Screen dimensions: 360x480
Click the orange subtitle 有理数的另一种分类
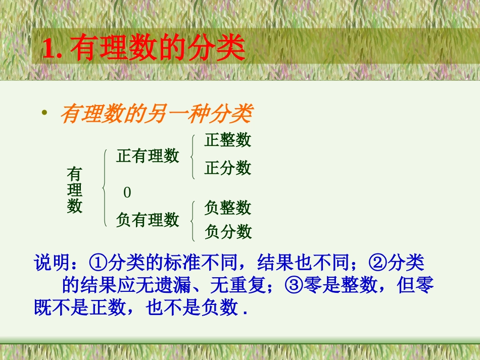point(156,115)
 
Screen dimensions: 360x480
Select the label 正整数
point(227,140)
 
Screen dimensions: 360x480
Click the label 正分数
point(227,168)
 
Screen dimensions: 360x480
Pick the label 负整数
point(227,207)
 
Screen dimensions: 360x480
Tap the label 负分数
point(228,232)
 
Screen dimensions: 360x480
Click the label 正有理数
point(148,156)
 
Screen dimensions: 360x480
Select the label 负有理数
point(148,220)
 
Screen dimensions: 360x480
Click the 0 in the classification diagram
point(127,192)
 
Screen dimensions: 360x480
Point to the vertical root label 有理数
point(75,190)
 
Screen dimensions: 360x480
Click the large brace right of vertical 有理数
point(104,188)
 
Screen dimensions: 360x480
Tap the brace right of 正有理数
point(193,157)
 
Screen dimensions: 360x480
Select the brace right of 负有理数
point(193,220)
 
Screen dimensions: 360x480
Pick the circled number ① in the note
point(96,264)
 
